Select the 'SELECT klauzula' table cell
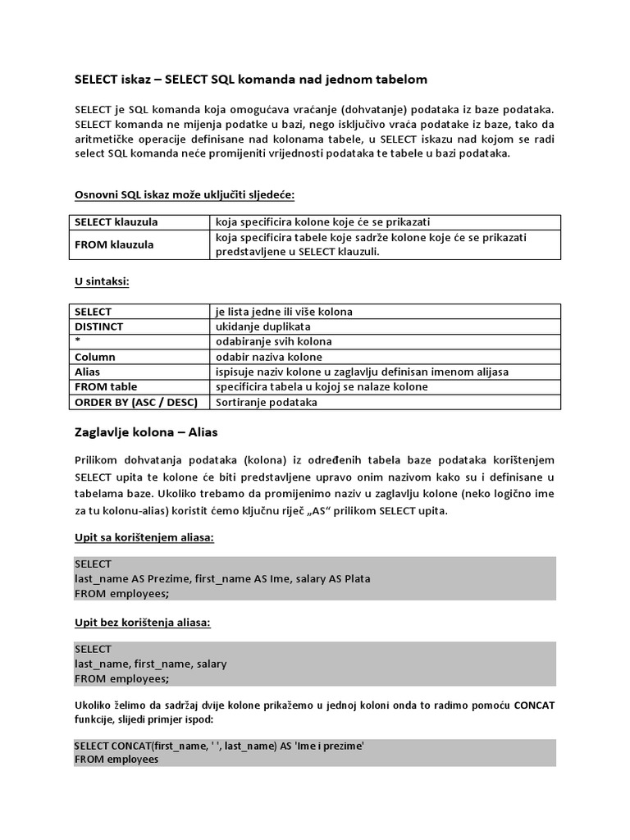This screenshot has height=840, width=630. pyautogui.click(x=116, y=222)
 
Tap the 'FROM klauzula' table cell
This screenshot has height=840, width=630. pyautogui.click(x=114, y=244)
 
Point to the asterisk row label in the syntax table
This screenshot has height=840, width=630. pyautogui.click(x=76, y=341)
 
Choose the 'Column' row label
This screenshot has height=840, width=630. pyautogui.click(x=95, y=357)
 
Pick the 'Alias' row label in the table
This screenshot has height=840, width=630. pyautogui.click(x=87, y=372)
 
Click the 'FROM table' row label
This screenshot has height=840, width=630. pyautogui.click(x=106, y=386)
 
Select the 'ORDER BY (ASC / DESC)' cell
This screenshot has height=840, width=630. pyautogui.click(x=135, y=402)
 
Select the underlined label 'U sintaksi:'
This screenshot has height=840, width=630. pyautogui.click(x=103, y=282)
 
